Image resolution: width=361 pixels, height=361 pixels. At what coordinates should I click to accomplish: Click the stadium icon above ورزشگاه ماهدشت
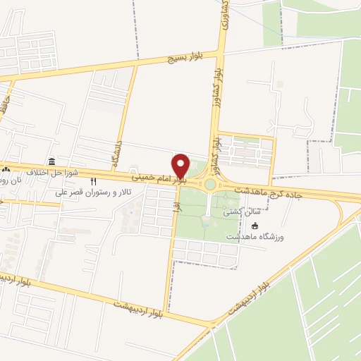255,225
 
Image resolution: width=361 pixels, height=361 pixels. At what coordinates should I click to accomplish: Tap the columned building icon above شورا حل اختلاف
51,161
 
